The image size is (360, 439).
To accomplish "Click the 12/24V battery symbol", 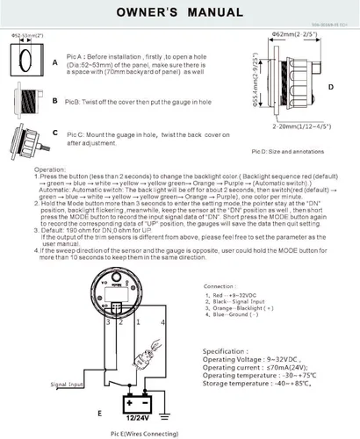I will coord(137,403).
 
